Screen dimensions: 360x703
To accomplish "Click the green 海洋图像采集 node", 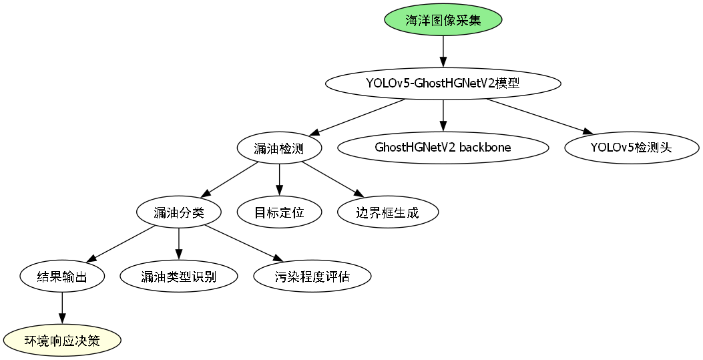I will pos(443,20).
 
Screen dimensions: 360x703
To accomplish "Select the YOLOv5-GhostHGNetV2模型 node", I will pos(443,83).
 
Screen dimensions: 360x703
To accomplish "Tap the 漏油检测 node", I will pos(279,148).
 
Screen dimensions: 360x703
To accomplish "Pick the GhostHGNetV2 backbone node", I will pos(443,148).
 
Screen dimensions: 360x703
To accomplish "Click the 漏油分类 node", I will pos(178,212).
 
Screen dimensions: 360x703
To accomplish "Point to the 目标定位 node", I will pos(279,212).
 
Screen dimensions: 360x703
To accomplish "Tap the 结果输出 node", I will pos(62,276).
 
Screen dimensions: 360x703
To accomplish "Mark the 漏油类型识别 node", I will pos(178,276).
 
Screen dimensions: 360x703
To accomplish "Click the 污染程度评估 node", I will pos(312,276).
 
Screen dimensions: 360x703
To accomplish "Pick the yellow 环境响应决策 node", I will pos(62,341).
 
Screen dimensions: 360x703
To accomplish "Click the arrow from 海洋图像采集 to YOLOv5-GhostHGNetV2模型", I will pos(443,51).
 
